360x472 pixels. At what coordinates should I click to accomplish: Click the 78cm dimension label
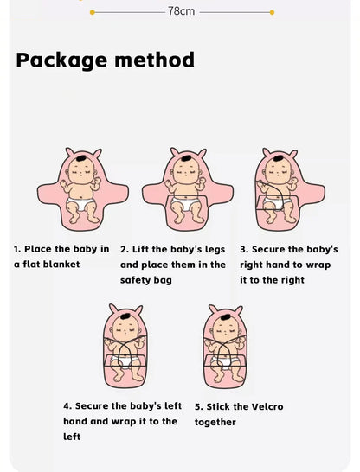pos(181,12)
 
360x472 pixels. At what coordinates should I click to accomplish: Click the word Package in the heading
pos(61,61)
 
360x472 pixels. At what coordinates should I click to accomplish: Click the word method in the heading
pos(155,61)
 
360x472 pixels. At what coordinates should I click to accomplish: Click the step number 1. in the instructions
pos(18,249)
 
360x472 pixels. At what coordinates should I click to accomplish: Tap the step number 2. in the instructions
pos(125,249)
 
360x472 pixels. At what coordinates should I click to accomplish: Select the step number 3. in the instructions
pos(244,249)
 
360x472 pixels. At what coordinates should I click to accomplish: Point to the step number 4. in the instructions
pos(67,406)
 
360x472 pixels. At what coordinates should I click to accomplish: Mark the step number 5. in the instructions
pos(198,406)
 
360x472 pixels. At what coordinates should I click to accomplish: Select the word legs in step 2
pos(216,249)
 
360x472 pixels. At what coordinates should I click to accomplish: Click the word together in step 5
pos(215,422)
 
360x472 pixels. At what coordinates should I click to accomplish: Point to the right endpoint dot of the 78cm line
pos(272,12)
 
